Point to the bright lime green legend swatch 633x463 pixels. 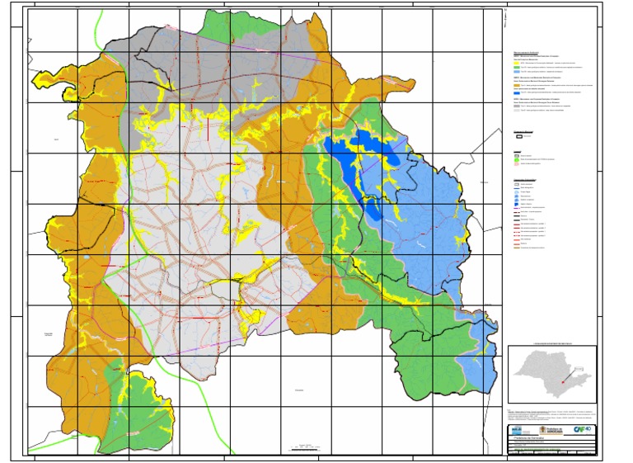pyautogui.click(x=517, y=159)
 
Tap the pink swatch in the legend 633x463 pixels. pyautogui.click(x=517, y=164)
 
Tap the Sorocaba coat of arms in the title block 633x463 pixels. pyautogui.click(x=543, y=429)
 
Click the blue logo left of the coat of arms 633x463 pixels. pyautogui.click(x=517, y=429)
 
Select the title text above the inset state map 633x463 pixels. pyautogui.click(x=551, y=342)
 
